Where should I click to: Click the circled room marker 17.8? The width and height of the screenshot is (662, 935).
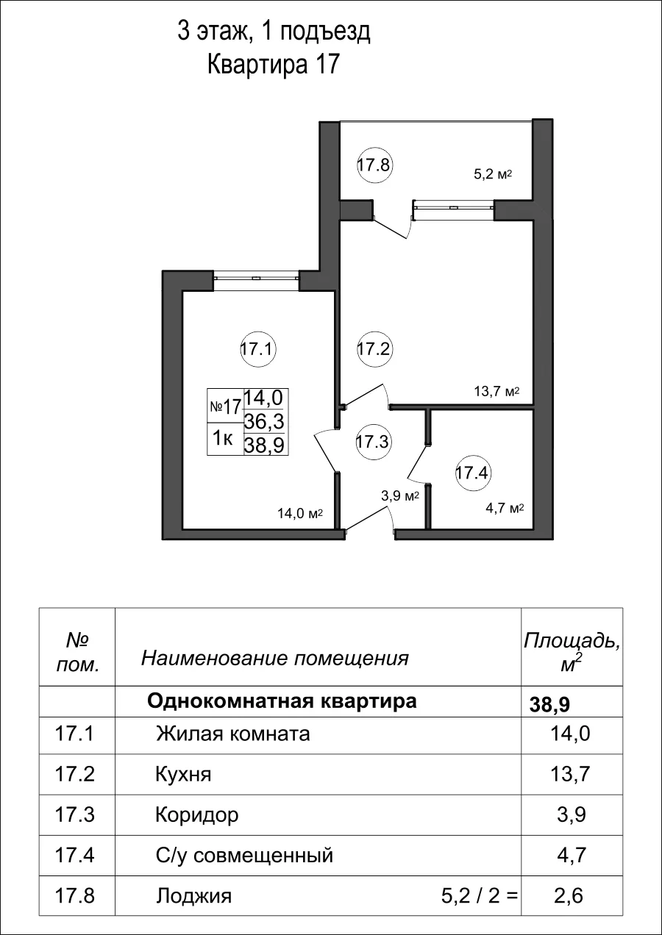(x=374, y=165)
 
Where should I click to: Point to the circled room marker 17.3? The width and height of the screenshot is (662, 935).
(x=374, y=442)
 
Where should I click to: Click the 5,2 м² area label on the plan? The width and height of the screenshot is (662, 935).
(x=491, y=175)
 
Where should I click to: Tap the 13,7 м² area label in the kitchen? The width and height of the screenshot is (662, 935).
(x=496, y=391)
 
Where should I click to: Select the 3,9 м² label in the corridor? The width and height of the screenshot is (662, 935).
(x=399, y=496)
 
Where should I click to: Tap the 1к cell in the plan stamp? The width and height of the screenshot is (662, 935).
(x=224, y=439)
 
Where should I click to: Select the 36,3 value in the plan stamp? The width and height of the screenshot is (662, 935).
(x=266, y=420)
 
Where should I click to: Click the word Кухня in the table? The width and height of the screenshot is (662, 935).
(x=183, y=774)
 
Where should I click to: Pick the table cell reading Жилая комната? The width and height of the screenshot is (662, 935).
(x=232, y=734)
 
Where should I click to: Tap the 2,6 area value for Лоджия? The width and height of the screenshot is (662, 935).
(x=571, y=896)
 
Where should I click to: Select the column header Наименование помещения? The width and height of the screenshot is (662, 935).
(x=274, y=658)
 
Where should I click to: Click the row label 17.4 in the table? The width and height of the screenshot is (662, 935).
(x=76, y=856)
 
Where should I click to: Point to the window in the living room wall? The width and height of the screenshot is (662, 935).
(x=256, y=278)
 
